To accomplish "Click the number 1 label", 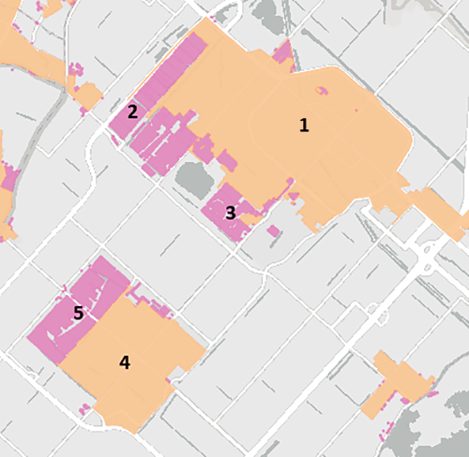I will [x=303, y=125].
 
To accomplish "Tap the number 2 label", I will [x=133, y=111].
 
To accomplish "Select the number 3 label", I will [x=231, y=213].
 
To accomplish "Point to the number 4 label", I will [x=124, y=362].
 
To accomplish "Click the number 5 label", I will [x=79, y=314].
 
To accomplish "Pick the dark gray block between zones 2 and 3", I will [x=195, y=178].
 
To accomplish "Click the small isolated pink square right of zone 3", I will [x=274, y=230].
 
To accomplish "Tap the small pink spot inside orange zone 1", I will [x=322, y=90].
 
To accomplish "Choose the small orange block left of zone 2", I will [x=88, y=95].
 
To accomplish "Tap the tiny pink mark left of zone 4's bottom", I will [x=84, y=407].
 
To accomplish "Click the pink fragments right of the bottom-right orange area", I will [x=432, y=393].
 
